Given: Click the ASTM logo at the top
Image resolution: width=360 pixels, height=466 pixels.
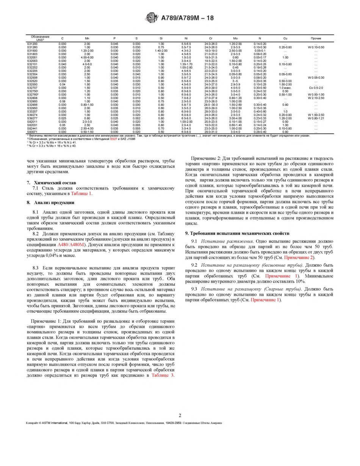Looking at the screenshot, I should (152, 17).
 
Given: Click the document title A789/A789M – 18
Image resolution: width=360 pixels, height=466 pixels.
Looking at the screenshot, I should (188, 17).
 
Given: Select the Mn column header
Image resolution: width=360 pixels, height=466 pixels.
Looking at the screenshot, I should (87, 38).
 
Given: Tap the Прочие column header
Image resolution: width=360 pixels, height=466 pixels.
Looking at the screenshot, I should (316, 38).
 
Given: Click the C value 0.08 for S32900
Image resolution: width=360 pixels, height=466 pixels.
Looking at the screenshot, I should (62, 101).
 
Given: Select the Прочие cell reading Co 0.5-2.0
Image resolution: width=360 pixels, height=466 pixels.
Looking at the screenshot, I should (316, 88).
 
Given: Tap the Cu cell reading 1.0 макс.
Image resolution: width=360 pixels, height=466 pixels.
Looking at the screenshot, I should (285, 88).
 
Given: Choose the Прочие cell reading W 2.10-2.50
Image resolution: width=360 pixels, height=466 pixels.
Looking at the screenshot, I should (316, 98).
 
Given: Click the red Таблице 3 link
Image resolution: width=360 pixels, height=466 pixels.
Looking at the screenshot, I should (163, 375).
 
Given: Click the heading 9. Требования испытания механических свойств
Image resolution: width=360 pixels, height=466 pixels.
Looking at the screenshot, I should (237, 233).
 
